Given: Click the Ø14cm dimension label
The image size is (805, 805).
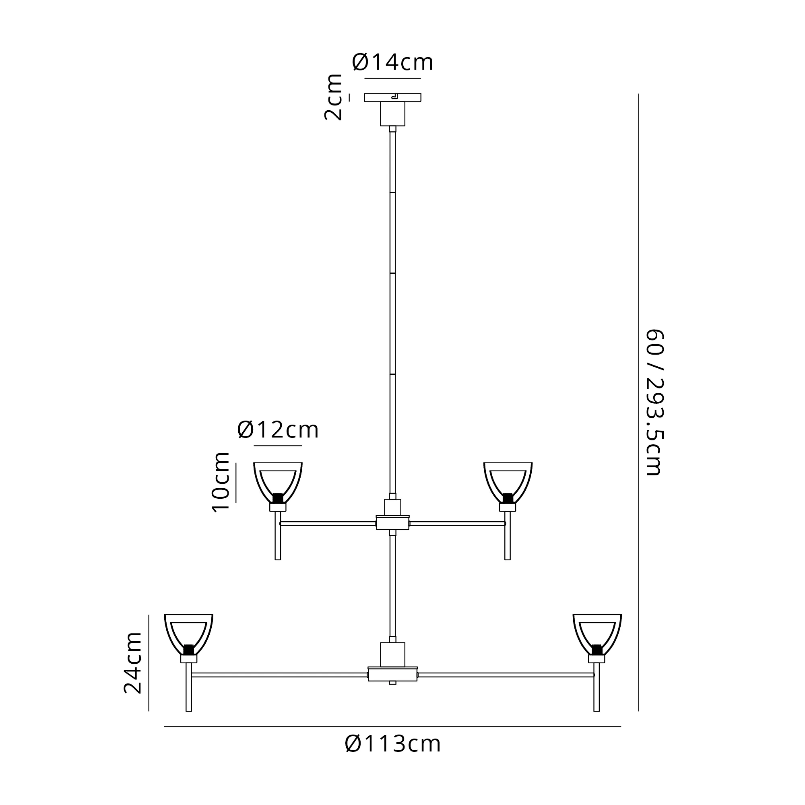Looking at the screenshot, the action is tap(392, 62).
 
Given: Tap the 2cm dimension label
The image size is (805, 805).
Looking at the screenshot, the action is tap(333, 97).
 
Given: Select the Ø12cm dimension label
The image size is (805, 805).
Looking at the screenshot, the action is tap(278, 430).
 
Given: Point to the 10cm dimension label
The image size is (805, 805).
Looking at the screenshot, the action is tap(221, 482).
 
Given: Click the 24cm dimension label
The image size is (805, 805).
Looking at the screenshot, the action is tap(133, 663).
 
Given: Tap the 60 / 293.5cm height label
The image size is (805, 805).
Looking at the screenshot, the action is tap(654, 402).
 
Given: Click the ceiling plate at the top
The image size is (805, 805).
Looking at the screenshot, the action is tap(392, 97).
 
